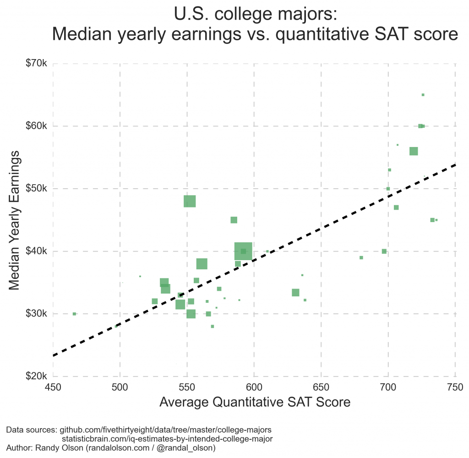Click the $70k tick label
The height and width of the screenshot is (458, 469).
click(x=35, y=64)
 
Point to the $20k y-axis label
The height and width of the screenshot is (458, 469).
click(x=35, y=376)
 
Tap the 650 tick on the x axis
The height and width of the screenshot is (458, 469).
click(x=321, y=387)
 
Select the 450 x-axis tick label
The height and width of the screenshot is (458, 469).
click(x=53, y=387)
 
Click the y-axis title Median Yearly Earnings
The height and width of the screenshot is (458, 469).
click(x=15, y=220)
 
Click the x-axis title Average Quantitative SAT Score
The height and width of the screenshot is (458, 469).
click(x=255, y=403)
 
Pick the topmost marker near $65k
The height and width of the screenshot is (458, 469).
click(x=423, y=95)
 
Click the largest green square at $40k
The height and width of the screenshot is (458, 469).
click(x=243, y=251)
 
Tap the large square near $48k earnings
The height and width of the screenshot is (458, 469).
click(x=190, y=201)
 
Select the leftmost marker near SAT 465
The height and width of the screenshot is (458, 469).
click(x=74, y=314)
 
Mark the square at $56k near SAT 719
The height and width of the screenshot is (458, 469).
click(x=414, y=151)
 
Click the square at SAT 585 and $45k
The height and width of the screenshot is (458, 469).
click(x=234, y=220)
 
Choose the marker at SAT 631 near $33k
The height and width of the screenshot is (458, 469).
click(x=295, y=293)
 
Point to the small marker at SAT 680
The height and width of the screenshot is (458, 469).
click(x=361, y=257)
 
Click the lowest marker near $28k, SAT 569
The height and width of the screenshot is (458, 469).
click(x=213, y=327)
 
